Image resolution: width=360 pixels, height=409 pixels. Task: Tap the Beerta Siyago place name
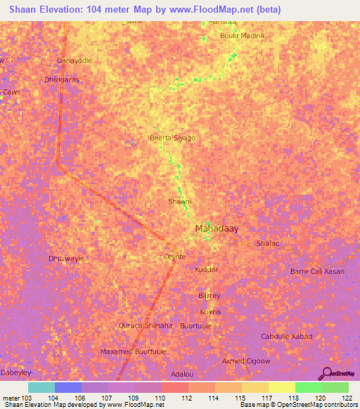click(172, 138)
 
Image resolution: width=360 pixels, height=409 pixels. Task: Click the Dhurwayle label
click(66, 259)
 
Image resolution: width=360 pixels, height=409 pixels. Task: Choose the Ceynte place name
click(174, 257)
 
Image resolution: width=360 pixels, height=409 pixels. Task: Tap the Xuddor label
click(206, 269)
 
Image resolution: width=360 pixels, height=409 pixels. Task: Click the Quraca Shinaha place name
click(145, 325)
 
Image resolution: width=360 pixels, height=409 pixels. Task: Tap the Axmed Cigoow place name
click(246, 361)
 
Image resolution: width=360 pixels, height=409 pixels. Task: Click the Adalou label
click(182, 375)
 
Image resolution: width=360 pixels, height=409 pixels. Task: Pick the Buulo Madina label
click(243, 36)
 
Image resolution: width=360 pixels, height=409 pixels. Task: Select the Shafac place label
click(268, 243)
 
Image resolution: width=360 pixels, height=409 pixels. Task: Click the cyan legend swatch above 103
click(41, 387)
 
